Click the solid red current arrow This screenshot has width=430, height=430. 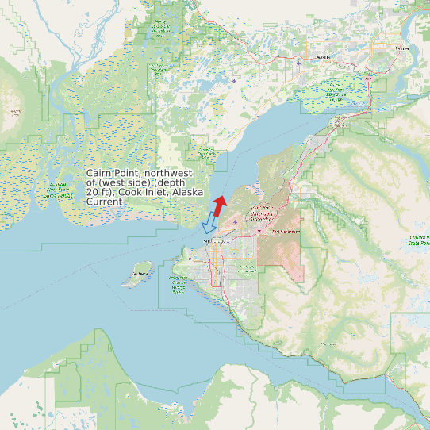220,204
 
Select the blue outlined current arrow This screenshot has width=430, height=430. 210,221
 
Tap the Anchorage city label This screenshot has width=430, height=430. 216,240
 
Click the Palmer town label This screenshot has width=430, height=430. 403,48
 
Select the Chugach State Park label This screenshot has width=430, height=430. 417,240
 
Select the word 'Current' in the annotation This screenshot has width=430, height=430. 105,202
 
